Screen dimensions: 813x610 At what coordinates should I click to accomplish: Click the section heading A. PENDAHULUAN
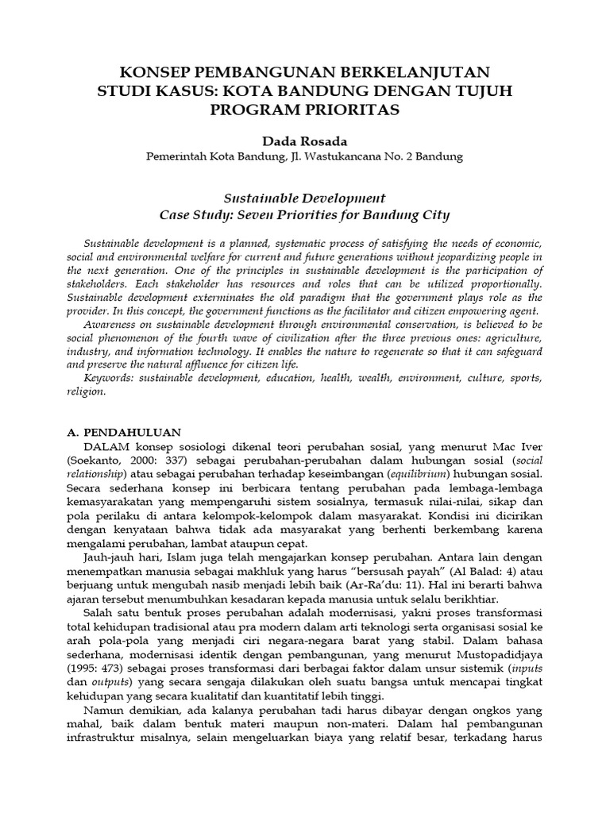tap(122, 433)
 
